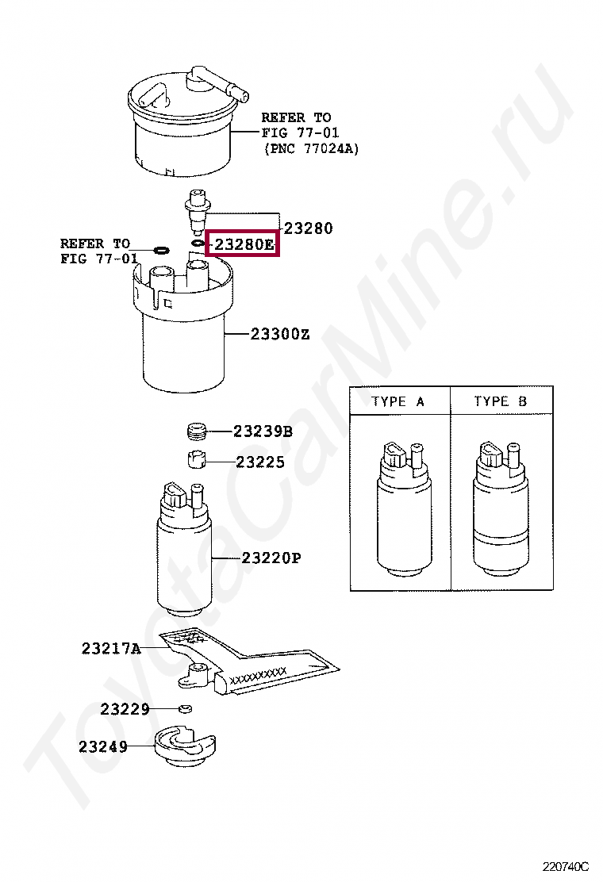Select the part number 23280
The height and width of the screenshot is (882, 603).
point(309,228)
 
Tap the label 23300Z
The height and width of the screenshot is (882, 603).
point(280,334)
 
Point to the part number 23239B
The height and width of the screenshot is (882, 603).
point(263,431)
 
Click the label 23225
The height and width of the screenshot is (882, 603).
point(260,462)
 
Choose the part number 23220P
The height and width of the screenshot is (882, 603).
point(271,558)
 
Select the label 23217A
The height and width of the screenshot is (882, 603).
point(111,649)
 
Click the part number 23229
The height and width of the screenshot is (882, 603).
point(125,709)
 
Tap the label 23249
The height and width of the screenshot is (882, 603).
point(103,746)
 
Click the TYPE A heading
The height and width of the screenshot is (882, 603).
point(398,401)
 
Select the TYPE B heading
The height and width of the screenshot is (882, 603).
point(500,401)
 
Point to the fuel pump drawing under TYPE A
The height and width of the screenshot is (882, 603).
point(404,509)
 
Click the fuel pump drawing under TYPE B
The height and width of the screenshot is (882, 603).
point(501,509)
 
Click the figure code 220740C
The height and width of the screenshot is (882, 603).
point(565,865)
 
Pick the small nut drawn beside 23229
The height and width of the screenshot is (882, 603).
point(185,708)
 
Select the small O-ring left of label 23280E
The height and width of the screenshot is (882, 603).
point(198,243)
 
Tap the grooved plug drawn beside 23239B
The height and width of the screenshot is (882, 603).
point(197,431)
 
